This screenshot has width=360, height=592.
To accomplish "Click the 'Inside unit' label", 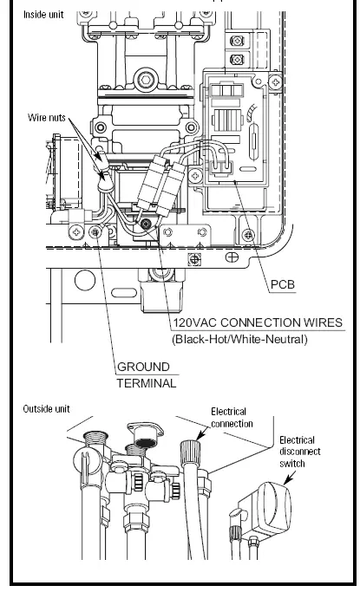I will coord(43,15).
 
